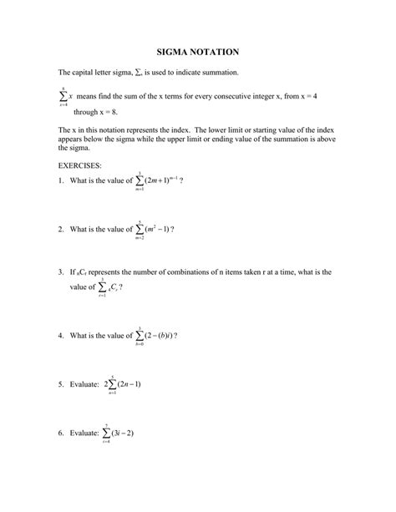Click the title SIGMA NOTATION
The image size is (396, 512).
(198, 52)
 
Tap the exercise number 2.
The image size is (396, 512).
(60, 228)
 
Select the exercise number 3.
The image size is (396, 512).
(60, 272)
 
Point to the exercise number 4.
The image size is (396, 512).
(60, 335)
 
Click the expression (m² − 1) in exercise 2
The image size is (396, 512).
(156, 228)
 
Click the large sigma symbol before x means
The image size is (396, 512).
(63, 98)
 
